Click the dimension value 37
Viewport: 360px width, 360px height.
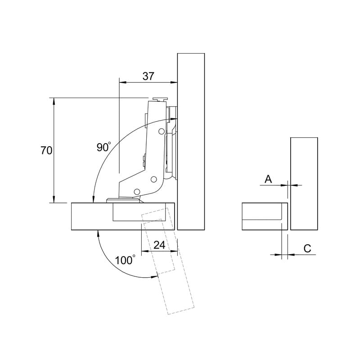tap(148, 76)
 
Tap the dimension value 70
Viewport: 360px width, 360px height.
tap(46, 151)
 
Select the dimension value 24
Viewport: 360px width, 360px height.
tap(159, 245)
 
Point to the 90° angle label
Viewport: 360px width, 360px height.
tap(104, 147)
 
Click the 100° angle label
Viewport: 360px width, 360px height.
tap(125, 260)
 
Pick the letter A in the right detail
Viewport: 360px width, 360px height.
tap(268, 179)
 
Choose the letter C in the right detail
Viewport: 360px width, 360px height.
tap(307, 248)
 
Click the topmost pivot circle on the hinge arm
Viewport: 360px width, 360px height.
tap(162, 131)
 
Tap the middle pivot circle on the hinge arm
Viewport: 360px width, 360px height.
tap(153, 179)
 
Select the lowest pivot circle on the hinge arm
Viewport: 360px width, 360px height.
tap(137, 191)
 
